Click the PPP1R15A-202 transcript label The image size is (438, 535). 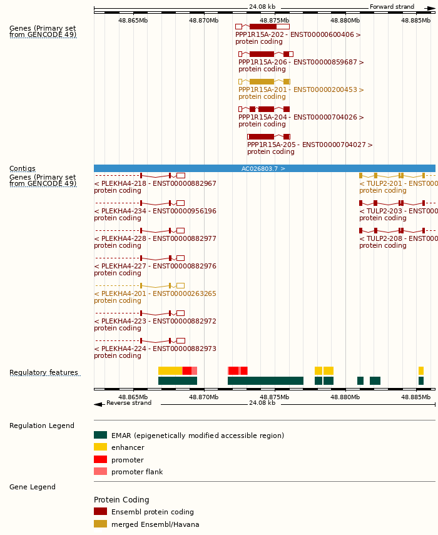298,35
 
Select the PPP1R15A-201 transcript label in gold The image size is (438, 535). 301,90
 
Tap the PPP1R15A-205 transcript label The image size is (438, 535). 310,145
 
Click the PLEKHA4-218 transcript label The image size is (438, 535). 155,184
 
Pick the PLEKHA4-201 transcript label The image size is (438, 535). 155,294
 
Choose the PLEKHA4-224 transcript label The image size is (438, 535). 155,349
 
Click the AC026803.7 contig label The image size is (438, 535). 263,169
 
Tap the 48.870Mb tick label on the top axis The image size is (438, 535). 204,21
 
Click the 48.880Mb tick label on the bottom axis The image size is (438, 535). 345,397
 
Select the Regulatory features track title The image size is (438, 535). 44,373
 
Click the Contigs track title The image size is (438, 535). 23,169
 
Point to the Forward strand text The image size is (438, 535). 392,7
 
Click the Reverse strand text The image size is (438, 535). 129,403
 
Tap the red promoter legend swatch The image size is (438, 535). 100,460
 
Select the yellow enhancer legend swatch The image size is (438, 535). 100,447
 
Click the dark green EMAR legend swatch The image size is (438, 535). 100,435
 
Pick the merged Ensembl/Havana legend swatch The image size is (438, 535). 100,524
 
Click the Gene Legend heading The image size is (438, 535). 33,487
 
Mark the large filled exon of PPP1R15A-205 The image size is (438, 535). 262,136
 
